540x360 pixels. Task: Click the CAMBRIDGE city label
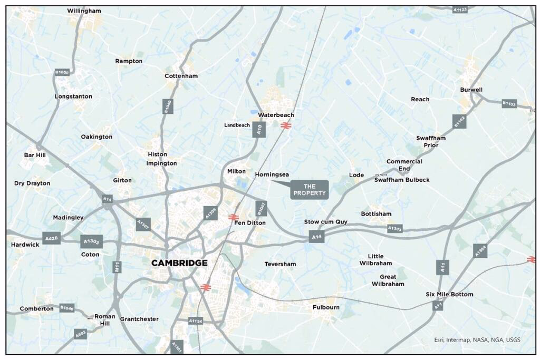click(x=179, y=263)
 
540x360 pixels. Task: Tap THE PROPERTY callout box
click(x=310, y=190)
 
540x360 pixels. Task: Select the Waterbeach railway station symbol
click(x=286, y=125)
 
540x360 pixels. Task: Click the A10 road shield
click(x=259, y=129)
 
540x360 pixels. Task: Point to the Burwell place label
click(x=471, y=90)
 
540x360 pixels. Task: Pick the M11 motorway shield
click(x=117, y=267)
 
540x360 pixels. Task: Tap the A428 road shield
click(x=51, y=239)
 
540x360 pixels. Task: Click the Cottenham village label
click(x=181, y=76)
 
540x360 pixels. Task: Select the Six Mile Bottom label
click(x=449, y=294)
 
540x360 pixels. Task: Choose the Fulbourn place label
click(x=326, y=307)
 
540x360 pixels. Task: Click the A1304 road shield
click(x=480, y=251)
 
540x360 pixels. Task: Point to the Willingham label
click(x=84, y=11)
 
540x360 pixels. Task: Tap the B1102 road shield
click(x=459, y=121)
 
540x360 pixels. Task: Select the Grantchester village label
click(x=139, y=319)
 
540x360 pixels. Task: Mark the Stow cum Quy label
click(x=326, y=222)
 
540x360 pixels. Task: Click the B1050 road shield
click(x=62, y=72)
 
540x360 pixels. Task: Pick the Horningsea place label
click(x=272, y=174)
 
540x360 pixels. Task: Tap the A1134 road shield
click(x=196, y=320)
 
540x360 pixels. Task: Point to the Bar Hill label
click(x=35, y=155)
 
